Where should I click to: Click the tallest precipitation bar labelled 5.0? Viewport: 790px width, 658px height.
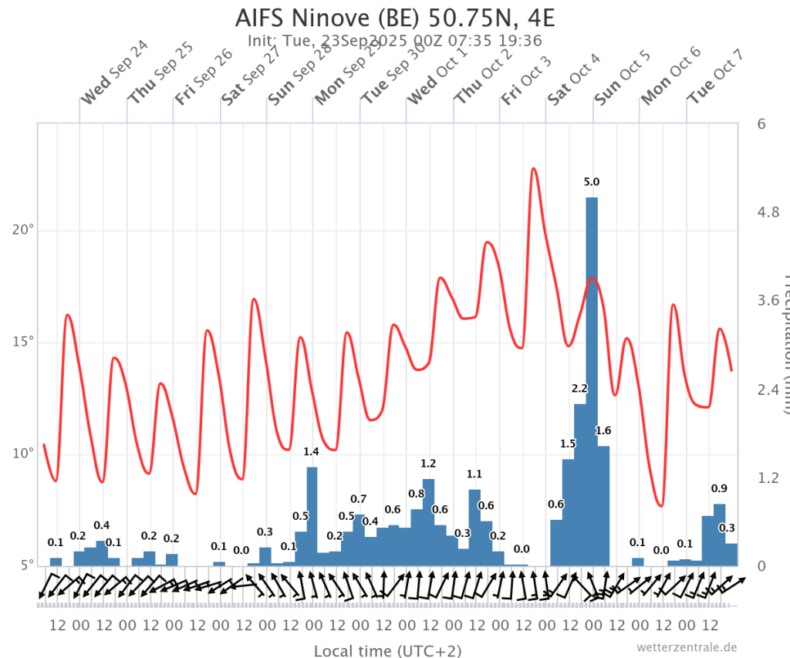click(x=592, y=382)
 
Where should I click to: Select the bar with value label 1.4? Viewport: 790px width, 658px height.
click(x=312, y=516)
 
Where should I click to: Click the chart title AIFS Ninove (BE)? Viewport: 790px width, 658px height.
click(x=394, y=17)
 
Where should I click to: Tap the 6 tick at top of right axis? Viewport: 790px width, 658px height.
click(x=760, y=123)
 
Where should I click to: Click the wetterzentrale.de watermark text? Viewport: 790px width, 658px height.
click(x=687, y=647)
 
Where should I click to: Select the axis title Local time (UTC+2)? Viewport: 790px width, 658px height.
click(x=387, y=650)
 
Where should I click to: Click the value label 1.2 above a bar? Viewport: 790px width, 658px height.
click(x=428, y=464)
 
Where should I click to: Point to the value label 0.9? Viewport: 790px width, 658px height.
click(x=719, y=488)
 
